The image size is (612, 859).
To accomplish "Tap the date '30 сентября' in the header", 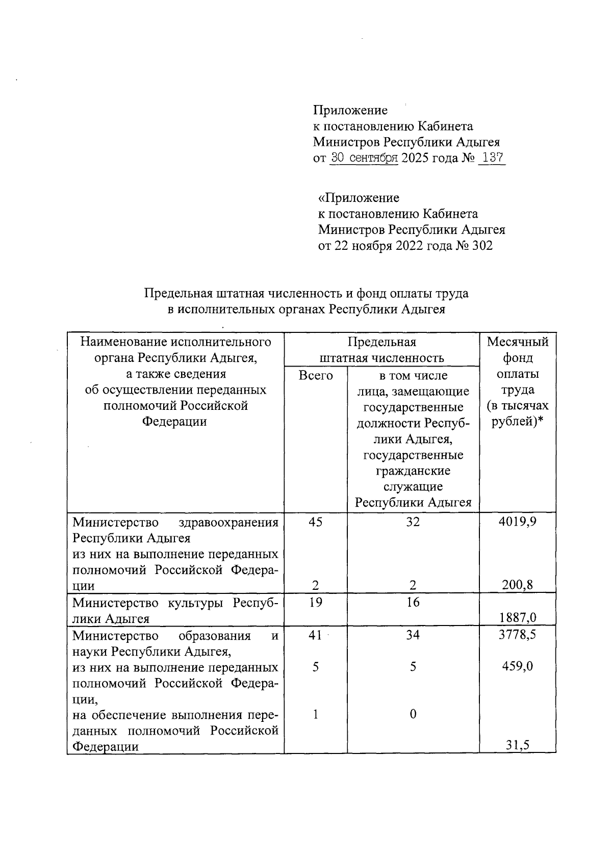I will click(x=364, y=158).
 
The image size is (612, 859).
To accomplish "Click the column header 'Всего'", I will click(x=315, y=376).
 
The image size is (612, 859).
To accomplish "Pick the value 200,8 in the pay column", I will click(x=518, y=585).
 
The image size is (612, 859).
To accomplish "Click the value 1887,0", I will click(x=518, y=618).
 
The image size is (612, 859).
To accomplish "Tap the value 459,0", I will click(x=518, y=667).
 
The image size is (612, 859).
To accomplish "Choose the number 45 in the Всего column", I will click(x=315, y=522).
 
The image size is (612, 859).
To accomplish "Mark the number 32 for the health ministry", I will click(x=413, y=522).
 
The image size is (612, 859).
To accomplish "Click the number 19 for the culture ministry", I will click(x=315, y=603).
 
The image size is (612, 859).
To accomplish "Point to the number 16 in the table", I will click(x=413, y=603).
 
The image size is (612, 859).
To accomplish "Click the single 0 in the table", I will click(x=413, y=714).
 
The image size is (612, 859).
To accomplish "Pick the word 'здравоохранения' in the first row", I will click(x=229, y=523).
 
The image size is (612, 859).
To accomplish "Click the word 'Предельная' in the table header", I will click(x=381, y=342).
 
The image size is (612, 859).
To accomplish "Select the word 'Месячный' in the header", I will click(x=518, y=342).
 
